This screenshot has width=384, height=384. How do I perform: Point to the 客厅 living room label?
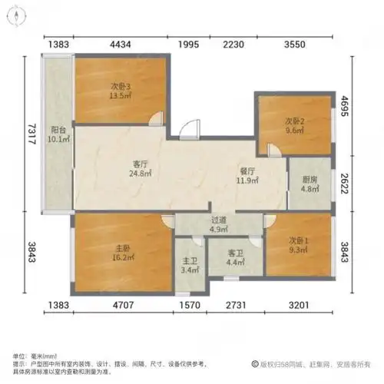(140, 163)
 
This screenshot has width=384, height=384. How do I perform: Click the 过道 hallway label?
(219, 220)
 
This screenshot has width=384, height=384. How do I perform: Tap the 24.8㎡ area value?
(140, 174)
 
